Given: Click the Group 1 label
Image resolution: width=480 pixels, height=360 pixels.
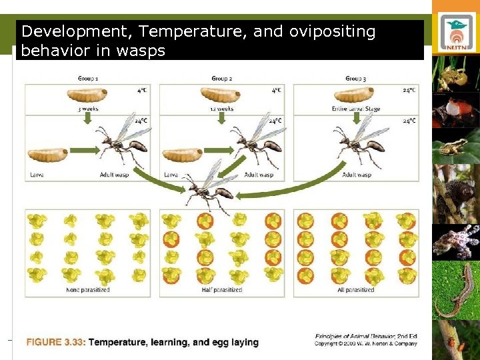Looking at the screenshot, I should coord(88,79).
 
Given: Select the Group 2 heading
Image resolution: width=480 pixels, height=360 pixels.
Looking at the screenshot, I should coord(221,79).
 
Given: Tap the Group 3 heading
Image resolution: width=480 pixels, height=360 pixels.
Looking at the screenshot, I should coord(355,79).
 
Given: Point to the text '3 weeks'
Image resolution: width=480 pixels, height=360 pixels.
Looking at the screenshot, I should coord(88,109).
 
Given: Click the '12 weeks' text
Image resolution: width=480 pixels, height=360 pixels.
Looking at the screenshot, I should coord(221,109).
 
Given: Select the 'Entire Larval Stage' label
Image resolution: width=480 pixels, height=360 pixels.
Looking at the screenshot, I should coord(355,109).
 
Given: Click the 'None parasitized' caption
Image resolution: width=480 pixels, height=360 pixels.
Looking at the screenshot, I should coord(88,290).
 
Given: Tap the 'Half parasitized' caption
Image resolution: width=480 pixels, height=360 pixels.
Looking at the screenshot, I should coord(221,290).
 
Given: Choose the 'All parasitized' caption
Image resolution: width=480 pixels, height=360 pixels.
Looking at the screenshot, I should coord(355,290).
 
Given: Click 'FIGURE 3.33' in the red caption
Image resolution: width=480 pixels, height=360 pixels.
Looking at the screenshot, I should coord(56,343).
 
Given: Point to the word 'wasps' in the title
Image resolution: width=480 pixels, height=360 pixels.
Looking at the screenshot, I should coord(141,51).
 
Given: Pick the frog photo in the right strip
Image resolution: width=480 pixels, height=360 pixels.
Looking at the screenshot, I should coord(456,147).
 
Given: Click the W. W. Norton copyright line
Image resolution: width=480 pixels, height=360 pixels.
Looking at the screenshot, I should coord(366,344).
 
